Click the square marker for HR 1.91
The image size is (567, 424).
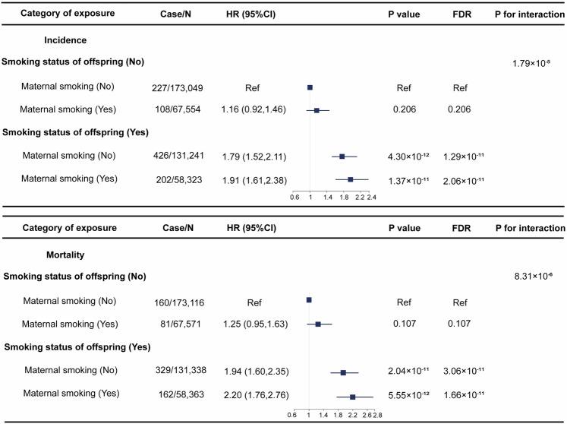coord(350,179)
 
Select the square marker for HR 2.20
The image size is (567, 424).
coord(352,397)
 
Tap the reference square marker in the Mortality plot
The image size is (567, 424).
coord(309,301)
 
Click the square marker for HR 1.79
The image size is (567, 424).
coord(342,157)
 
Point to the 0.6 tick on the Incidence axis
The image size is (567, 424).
coord(296,196)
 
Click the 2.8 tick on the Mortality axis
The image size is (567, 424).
coord(377,415)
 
